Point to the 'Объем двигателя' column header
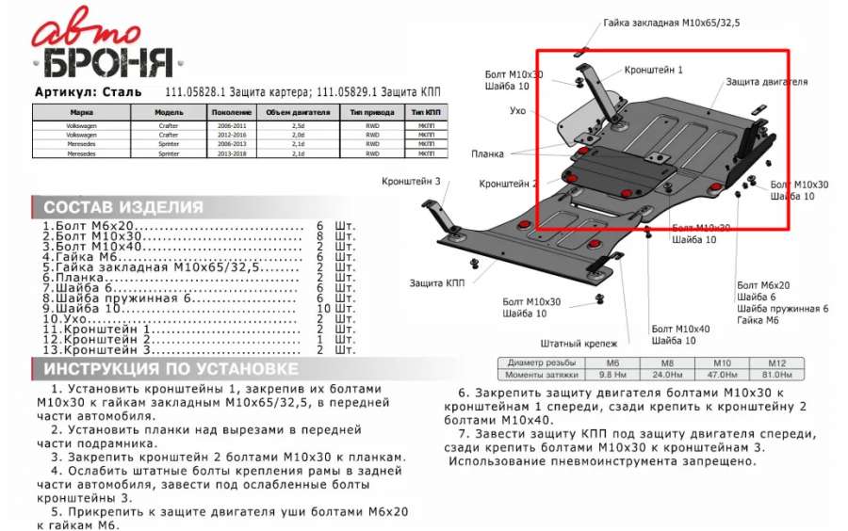pos(298,111)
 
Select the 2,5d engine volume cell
pos(298,124)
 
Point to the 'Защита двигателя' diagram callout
pos(766,82)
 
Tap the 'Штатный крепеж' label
pos(579,344)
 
